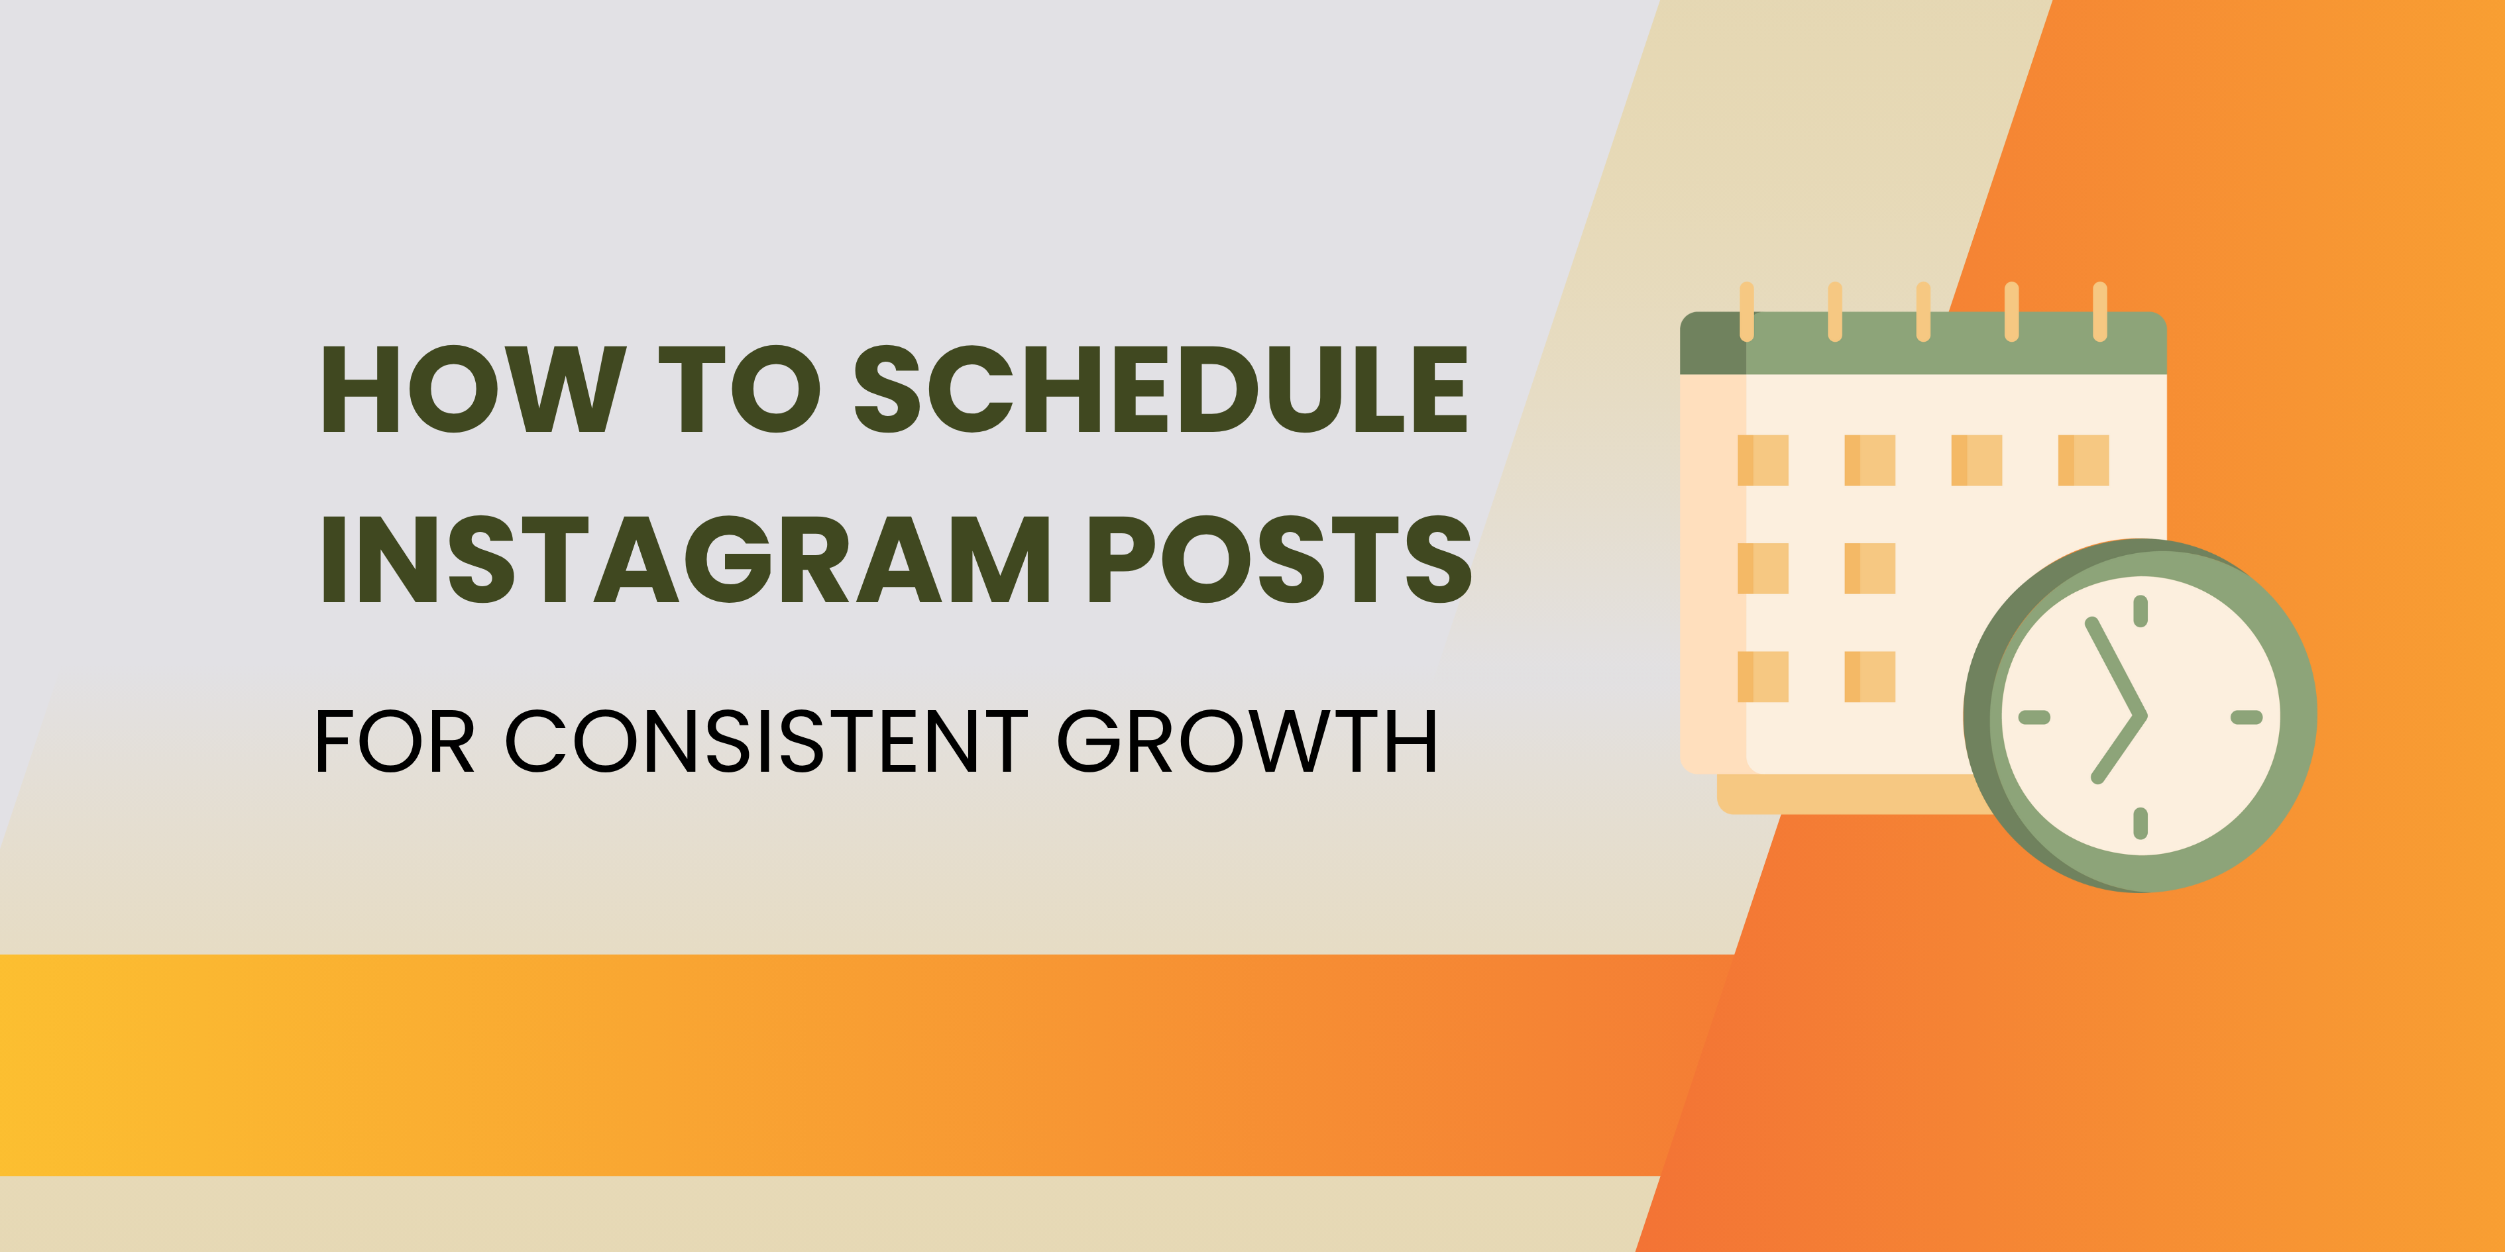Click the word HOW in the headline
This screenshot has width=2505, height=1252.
tap(474, 389)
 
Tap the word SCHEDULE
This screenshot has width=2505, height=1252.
tap(1160, 389)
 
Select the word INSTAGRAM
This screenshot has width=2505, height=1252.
tap(686, 559)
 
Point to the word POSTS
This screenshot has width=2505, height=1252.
tap(1280, 559)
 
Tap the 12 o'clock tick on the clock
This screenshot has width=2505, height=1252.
tap(2141, 611)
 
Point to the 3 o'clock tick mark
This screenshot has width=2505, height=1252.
tap(2247, 717)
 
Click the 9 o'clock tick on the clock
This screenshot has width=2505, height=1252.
tap(2034, 717)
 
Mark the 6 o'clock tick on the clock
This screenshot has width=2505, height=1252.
tap(2141, 823)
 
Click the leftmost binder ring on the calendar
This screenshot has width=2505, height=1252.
tap(1746, 311)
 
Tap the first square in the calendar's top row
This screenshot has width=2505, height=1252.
tap(1763, 460)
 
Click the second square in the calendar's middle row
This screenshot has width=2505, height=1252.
tap(1870, 568)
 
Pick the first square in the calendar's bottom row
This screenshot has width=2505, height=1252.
tap(1763, 676)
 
